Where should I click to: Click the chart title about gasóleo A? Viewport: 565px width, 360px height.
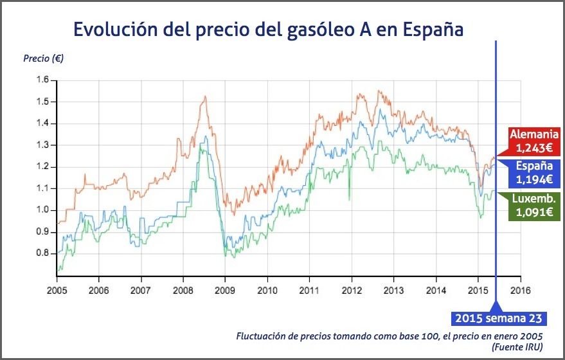click(x=268, y=30)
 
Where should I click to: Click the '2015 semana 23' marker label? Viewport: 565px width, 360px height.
click(x=499, y=318)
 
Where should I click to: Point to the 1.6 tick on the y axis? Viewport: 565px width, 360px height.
click(x=42, y=80)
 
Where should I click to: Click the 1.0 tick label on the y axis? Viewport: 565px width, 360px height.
click(x=42, y=210)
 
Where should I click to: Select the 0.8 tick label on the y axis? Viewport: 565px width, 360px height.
click(x=42, y=253)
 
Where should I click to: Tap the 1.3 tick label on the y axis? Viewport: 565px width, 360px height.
click(x=42, y=145)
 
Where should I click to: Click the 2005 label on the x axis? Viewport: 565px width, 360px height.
click(x=57, y=289)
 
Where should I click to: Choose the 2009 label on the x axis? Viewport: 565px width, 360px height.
click(x=225, y=289)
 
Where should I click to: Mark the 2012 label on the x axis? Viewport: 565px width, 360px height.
click(x=352, y=289)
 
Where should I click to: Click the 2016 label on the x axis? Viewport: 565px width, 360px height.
click(x=520, y=289)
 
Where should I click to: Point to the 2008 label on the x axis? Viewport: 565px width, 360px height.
click(x=183, y=289)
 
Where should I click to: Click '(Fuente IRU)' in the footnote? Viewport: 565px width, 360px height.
click(x=517, y=347)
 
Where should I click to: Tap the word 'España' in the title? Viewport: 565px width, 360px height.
click(x=431, y=30)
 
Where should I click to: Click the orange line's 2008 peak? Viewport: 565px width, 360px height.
click(x=204, y=96)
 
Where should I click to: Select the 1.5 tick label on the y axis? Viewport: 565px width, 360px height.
click(x=42, y=102)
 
